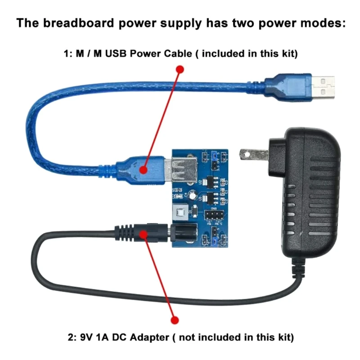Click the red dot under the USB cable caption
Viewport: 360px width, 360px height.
tap(180, 69)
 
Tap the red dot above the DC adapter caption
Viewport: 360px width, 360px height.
tap(175, 319)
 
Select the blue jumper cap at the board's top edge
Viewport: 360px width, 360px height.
tap(219, 155)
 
